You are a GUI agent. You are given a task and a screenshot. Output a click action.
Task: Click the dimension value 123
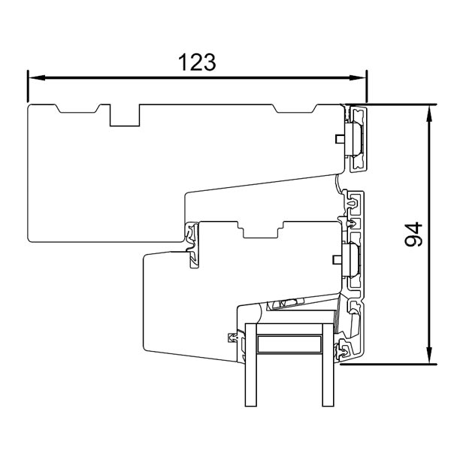(x=197, y=62)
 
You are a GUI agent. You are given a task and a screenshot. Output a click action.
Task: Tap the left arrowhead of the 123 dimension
(x=33, y=77)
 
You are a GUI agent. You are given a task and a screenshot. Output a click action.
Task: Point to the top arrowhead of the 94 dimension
(x=429, y=110)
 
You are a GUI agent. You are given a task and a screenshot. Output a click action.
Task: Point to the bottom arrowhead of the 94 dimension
(x=429, y=359)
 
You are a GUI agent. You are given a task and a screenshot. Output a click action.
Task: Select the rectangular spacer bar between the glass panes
(x=289, y=344)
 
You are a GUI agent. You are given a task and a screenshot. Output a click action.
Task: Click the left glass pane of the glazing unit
(x=252, y=376)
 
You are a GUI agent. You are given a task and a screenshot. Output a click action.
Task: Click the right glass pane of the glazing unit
(x=327, y=376)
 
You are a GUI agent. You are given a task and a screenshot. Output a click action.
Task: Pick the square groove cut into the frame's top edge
(x=124, y=115)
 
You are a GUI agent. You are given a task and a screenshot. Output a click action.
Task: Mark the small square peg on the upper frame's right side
(x=338, y=138)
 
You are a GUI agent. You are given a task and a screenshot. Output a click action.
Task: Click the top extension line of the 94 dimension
(x=398, y=104)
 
